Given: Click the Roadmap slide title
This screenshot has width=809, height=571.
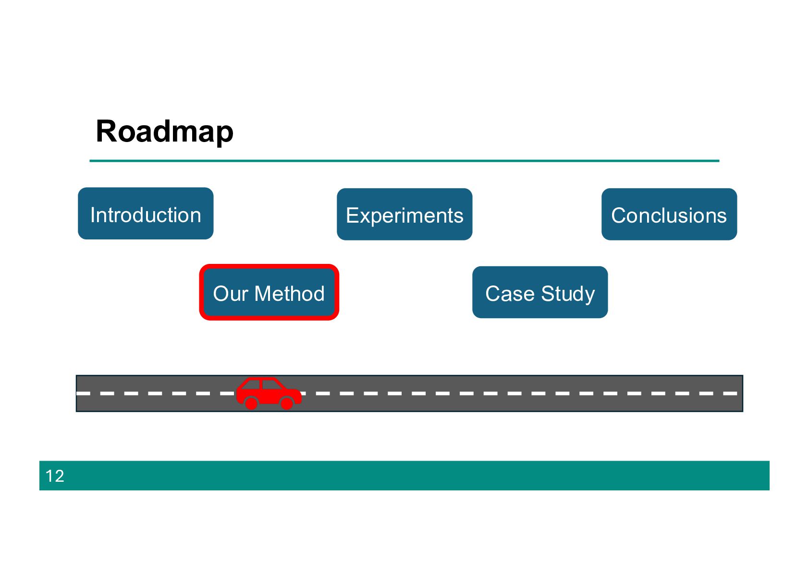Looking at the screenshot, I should pyautogui.click(x=164, y=131).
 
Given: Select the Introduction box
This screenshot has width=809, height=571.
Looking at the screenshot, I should pyautogui.click(x=146, y=214).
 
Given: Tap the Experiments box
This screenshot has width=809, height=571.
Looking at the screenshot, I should pyautogui.click(x=404, y=214).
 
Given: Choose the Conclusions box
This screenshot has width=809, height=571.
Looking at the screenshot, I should pyautogui.click(x=669, y=214).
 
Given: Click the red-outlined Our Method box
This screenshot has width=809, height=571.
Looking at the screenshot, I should pyautogui.click(x=269, y=292).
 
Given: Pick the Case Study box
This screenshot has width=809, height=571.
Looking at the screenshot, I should pyautogui.click(x=540, y=292).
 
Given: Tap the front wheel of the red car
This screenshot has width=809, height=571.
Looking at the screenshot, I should pyautogui.click(x=287, y=403).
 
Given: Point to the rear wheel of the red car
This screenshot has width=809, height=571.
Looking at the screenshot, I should pyautogui.click(x=251, y=403).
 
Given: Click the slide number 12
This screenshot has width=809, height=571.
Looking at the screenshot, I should pyautogui.click(x=55, y=476).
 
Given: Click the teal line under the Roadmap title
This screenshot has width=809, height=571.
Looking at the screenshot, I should pyautogui.click(x=404, y=161).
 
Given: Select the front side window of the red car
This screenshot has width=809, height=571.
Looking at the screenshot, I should pyautogui.click(x=270, y=384).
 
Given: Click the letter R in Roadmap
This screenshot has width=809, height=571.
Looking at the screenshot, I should pyautogui.click(x=106, y=131).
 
